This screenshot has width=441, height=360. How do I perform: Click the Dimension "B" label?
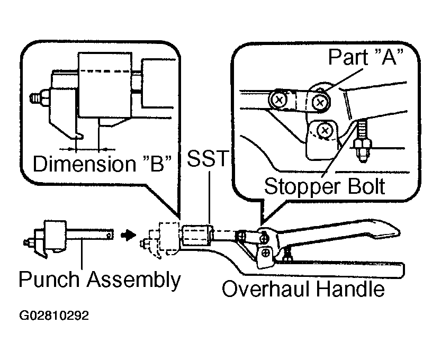tap(102, 164)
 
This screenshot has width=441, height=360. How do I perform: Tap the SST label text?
tap(208, 158)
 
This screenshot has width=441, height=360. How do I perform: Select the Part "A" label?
tap(366, 57)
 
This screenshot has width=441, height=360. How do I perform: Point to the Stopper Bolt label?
tap(325, 186)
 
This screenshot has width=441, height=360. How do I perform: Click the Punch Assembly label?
tap(100, 280)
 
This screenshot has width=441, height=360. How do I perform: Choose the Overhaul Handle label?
tap(303, 289)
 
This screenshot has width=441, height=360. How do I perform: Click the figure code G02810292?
tap(54, 316)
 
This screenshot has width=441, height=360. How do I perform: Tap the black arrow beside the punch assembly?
tap(128, 235)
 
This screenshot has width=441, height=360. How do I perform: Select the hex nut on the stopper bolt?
tap(363, 144)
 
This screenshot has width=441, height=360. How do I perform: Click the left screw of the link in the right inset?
tap(279, 100)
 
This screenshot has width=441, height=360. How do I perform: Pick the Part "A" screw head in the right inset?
tap(320, 102)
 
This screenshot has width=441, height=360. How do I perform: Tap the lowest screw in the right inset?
tap(325, 130)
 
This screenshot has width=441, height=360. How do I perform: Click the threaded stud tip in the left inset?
tap(36, 98)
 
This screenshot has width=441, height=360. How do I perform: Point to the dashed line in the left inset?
tap(105, 71)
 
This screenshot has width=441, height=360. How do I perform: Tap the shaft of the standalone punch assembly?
tap(90, 234)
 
